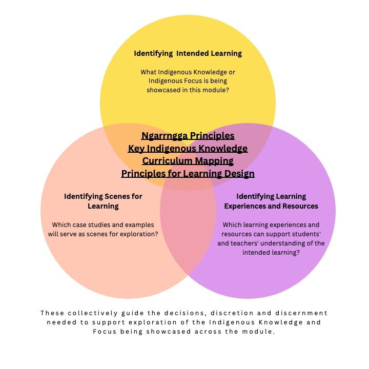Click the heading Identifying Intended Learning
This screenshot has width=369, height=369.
coord(188,53)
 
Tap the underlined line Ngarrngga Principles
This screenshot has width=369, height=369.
coord(188,136)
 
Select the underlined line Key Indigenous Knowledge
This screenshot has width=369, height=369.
coord(188,149)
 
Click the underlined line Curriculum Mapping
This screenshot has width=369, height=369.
coord(188,161)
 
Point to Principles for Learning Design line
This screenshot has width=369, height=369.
coord(188,174)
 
